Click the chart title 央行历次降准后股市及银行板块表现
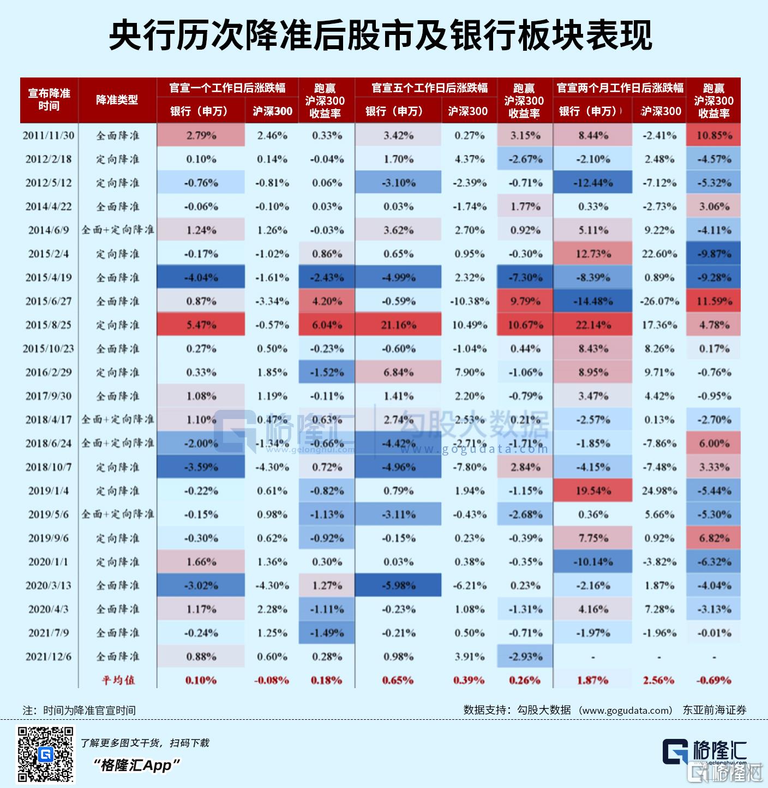tap(380, 36)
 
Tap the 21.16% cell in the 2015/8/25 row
tap(398, 325)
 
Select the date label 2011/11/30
tap(49, 135)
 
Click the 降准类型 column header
tap(117, 100)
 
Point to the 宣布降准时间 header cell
tap(49, 100)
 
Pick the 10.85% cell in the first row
tap(713, 135)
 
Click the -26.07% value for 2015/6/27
tap(659, 301)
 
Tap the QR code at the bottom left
tap(46, 755)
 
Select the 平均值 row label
tap(118, 680)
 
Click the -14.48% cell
tap(593, 301)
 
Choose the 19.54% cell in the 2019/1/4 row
tap(593, 491)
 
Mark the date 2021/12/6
tap(49, 656)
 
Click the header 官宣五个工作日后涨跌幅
tap(430, 88)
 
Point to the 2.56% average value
tap(659, 680)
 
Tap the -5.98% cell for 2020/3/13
tap(398, 586)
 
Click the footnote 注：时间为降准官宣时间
tap(79, 710)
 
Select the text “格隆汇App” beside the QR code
tap(136, 766)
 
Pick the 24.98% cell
tap(659, 491)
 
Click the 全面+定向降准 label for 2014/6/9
tap(118, 230)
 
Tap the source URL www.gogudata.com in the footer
tap(625, 710)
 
